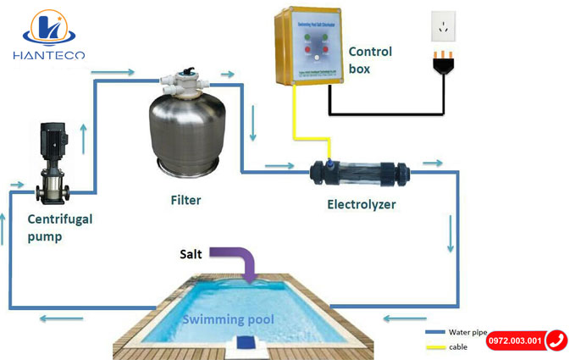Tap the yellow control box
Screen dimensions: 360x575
coord(310,46)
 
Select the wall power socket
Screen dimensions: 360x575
coord(443,26)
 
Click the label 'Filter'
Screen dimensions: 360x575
coord(185,201)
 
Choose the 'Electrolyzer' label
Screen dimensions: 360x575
coord(362,204)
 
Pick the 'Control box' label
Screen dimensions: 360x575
coord(371,60)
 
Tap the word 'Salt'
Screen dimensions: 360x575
coord(191,253)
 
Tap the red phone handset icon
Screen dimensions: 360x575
coord(556,341)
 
